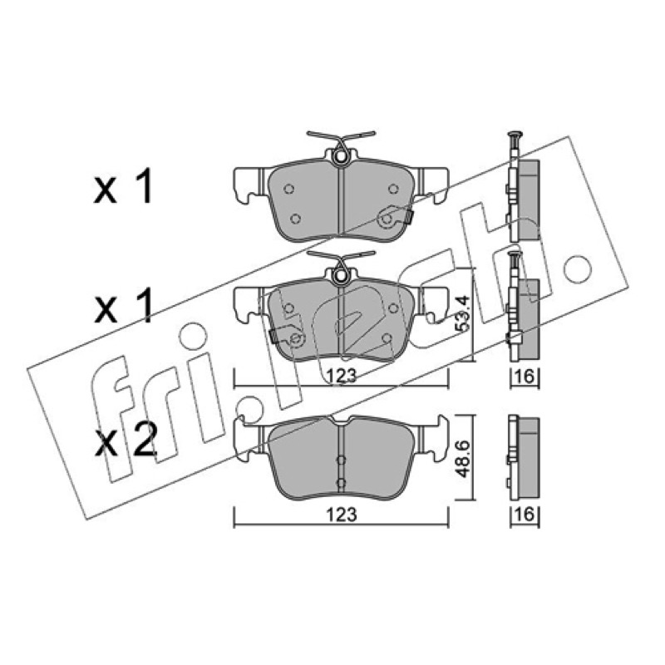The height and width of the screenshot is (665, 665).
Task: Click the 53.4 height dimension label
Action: (463, 313)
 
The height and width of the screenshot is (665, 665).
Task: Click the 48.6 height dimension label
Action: (463, 459)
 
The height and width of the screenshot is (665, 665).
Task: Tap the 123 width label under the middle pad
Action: (342, 376)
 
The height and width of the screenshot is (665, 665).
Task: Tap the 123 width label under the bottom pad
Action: (342, 515)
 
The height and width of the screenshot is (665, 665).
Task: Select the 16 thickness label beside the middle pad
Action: (525, 376)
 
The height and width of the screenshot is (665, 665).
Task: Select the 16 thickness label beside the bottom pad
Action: (525, 515)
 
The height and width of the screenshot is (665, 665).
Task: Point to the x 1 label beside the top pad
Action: (123, 185)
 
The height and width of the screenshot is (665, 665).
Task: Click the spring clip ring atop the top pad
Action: (341, 156)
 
